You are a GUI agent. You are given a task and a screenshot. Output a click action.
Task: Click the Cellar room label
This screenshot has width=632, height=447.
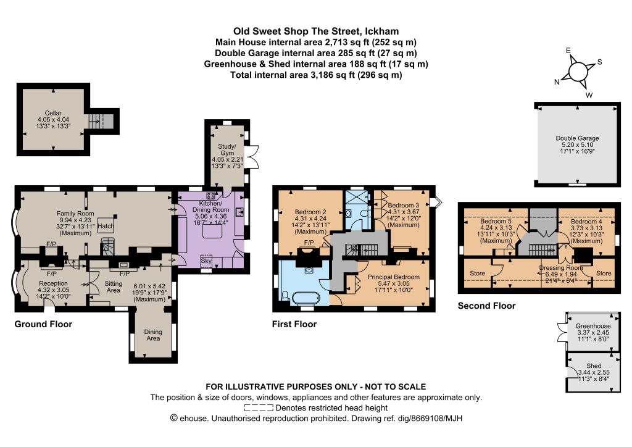pos(53,113)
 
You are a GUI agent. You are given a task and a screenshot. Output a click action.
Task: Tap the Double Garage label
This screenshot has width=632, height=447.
pos(577,138)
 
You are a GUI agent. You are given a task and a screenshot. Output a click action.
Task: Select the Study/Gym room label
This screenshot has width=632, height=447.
pos(227,149)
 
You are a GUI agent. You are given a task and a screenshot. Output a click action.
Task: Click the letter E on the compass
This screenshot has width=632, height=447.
pos(568,51)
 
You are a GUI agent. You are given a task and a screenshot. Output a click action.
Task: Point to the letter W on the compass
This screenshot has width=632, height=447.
pos(589,96)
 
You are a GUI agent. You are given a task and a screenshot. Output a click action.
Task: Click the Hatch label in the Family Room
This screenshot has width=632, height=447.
pos(106,226)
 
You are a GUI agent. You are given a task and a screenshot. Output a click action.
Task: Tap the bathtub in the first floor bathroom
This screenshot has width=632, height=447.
pos(306,299)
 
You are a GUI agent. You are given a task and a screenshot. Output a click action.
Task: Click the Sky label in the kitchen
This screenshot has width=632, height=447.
pos(206,261)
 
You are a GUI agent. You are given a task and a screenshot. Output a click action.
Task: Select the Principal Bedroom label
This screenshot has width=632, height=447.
pos(393,277)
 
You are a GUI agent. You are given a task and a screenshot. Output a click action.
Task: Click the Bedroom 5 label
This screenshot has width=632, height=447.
pos(496,221)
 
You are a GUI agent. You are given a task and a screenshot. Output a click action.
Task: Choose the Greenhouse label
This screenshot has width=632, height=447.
pos(593,326)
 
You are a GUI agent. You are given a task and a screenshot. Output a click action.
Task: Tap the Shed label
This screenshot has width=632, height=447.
pos(594,366)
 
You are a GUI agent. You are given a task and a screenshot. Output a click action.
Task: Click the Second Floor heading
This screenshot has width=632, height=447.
pos(486,306)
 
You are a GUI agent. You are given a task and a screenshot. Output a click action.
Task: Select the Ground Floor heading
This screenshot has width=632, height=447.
pos(43,324)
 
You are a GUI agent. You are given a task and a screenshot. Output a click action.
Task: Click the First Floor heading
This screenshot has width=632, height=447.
pos(294,324)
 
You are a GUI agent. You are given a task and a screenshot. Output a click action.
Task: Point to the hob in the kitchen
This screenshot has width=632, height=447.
pos(210,196)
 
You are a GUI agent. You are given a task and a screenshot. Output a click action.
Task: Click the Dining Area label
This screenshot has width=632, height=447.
pos(153,335)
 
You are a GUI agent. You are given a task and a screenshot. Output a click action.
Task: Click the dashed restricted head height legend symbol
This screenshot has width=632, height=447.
pos(259,408)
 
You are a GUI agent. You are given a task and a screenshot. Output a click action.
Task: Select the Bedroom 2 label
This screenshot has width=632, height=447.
pos(310,212)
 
